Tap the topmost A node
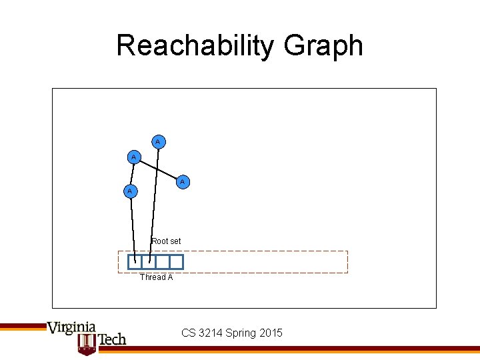(158, 141)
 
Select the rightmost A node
(182, 181)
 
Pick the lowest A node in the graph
(130, 191)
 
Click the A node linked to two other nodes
(134, 157)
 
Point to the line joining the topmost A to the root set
(154, 200)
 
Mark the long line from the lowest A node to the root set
(133, 227)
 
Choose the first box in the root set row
(135, 262)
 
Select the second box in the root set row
(149, 262)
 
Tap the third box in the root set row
(162, 262)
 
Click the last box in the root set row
(176, 262)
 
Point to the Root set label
(166, 241)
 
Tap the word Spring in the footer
(241, 333)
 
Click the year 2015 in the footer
(271, 333)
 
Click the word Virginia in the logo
(71, 327)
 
